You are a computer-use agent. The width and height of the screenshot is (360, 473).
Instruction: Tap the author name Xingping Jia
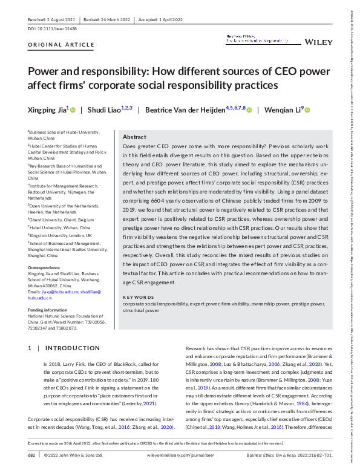coord(46,110)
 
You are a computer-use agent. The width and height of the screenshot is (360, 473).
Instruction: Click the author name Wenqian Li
coord(281,110)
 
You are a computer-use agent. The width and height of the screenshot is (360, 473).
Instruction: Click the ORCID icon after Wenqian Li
coord(307,110)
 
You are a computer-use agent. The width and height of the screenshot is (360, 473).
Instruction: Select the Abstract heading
coord(134,137)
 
